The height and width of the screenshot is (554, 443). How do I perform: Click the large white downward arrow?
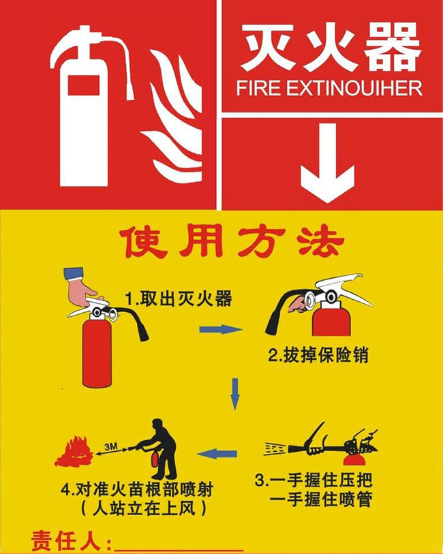pos(328,163)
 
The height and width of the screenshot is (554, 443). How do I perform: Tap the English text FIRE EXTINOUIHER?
pos(329,89)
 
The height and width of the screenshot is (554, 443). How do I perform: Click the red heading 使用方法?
pos(232,242)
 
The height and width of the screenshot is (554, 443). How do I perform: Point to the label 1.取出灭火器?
pos(179,298)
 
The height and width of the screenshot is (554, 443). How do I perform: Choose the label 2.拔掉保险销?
pos(318,355)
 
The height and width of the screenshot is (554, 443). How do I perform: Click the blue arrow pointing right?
pos(221,329)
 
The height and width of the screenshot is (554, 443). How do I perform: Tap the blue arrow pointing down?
pos(234,394)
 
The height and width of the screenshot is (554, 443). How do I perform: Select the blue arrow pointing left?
pos(217,454)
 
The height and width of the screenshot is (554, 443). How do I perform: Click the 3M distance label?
pos(111,446)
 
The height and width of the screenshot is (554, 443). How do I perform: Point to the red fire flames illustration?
pos(74,452)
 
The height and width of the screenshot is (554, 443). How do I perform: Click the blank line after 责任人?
pos(179,550)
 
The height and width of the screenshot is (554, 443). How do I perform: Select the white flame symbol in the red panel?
pos(172,117)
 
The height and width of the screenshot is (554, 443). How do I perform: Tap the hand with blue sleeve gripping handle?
pos(82,288)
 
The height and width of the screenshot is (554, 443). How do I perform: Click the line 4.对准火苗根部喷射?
pos(137,490)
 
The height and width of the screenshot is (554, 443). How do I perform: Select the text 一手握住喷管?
pos(321,499)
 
